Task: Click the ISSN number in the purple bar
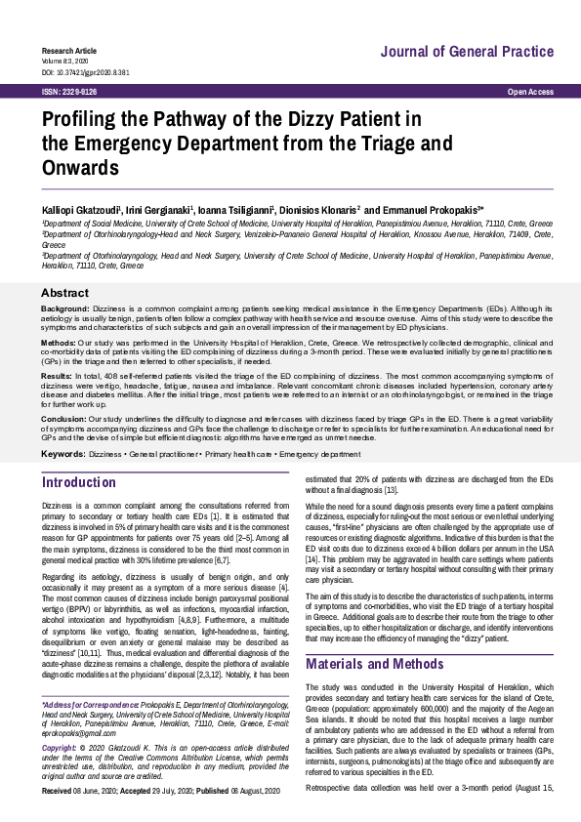coord(69,92)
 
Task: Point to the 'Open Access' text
coord(531,92)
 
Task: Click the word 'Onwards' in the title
coord(80,167)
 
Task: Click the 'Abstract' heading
coord(64,293)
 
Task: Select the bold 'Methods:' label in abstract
coord(58,343)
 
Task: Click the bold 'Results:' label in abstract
coord(56,376)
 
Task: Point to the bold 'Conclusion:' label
coord(62,418)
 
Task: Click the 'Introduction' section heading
coord(79,482)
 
